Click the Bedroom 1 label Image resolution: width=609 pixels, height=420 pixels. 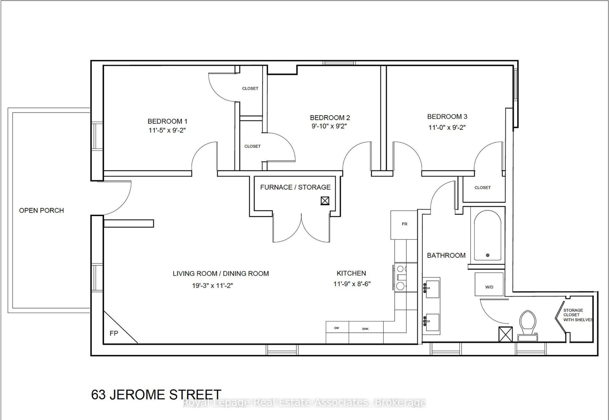tap(167, 121)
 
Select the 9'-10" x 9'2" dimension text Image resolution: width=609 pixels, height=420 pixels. tap(329, 126)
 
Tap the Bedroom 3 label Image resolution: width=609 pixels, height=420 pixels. tap(447, 117)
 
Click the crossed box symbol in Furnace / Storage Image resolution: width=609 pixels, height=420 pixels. tap(325, 201)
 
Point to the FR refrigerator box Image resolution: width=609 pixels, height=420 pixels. tap(404, 224)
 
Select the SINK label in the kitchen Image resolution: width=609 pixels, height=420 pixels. tap(365, 329)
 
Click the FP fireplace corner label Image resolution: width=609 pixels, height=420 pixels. tap(114, 333)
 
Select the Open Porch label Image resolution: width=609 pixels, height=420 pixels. tap(41, 210)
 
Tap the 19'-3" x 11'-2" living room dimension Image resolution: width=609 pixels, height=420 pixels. tap(212, 286)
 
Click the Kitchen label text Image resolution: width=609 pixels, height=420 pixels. tap(351, 273)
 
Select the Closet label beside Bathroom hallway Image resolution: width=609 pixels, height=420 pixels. tap(482, 188)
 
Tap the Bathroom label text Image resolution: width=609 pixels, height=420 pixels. tap(446, 255)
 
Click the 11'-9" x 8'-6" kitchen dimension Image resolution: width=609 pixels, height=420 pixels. tap(352, 284)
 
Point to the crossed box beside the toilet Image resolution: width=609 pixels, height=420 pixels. tap(505, 334)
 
